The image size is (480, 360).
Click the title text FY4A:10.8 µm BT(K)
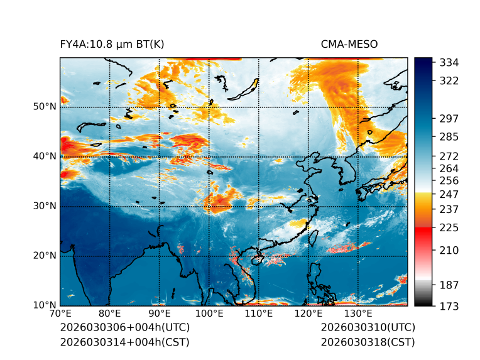pos(112,44)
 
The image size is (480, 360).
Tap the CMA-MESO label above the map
pos(349,44)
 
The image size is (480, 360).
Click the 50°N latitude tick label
pos(45,107)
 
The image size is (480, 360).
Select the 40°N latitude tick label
pos(45,156)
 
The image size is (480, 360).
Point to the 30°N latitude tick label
pos(45,206)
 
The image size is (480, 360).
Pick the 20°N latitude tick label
pos(45,256)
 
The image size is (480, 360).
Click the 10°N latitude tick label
pos(45,305)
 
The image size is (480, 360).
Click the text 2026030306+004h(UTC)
pos(124,328)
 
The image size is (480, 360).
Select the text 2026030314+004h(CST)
pos(124,342)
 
